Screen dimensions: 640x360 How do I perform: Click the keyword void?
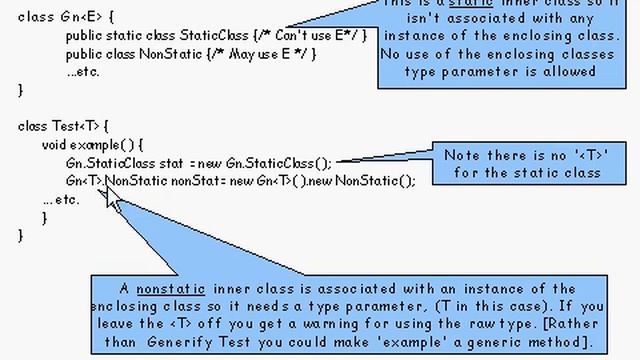tap(57, 144)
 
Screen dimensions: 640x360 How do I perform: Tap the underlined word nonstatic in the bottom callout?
tap(165, 288)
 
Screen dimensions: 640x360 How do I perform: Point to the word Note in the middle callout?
tap(466, 156)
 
